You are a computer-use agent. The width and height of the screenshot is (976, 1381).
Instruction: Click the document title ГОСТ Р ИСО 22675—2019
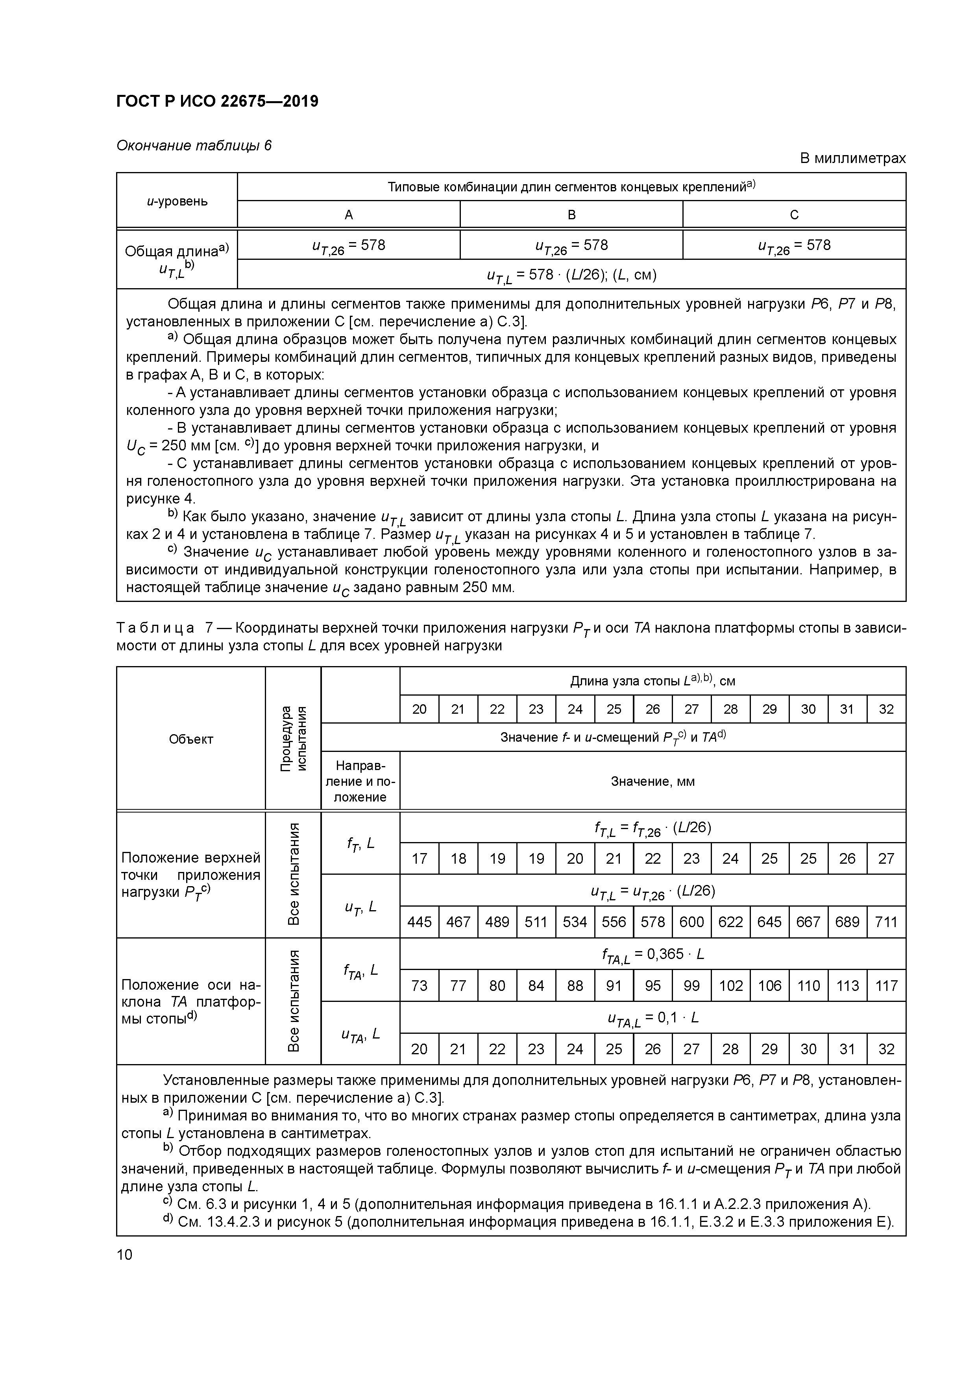pyautogui.click(x=217, y=102)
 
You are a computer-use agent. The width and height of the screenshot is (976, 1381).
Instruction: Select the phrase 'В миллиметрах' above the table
pyautogui.click(x=852, y=158)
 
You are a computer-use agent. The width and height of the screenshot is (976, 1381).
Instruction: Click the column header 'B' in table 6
pyautogui.click(x=571, y=215)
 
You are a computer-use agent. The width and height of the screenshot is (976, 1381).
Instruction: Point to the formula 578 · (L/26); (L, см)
pyautogui.click(x=571, y=275)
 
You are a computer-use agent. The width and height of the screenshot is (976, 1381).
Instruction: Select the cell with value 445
pyautogui.click(x=419, y=922)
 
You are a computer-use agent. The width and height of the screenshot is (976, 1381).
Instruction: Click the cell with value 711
pyautogui.click(x=886, y=922)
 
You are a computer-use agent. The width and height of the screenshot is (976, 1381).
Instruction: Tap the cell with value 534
pyautogui.click(x=575, y=922)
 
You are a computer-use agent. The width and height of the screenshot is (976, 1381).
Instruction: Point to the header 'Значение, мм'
pyautogui.click(x=653, y=781)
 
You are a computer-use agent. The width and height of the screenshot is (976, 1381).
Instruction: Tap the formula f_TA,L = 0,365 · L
pyautogui.click(x=653, y=955)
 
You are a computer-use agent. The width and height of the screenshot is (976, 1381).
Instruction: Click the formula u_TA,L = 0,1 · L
pyautogui.click(x=653, y=1018)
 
